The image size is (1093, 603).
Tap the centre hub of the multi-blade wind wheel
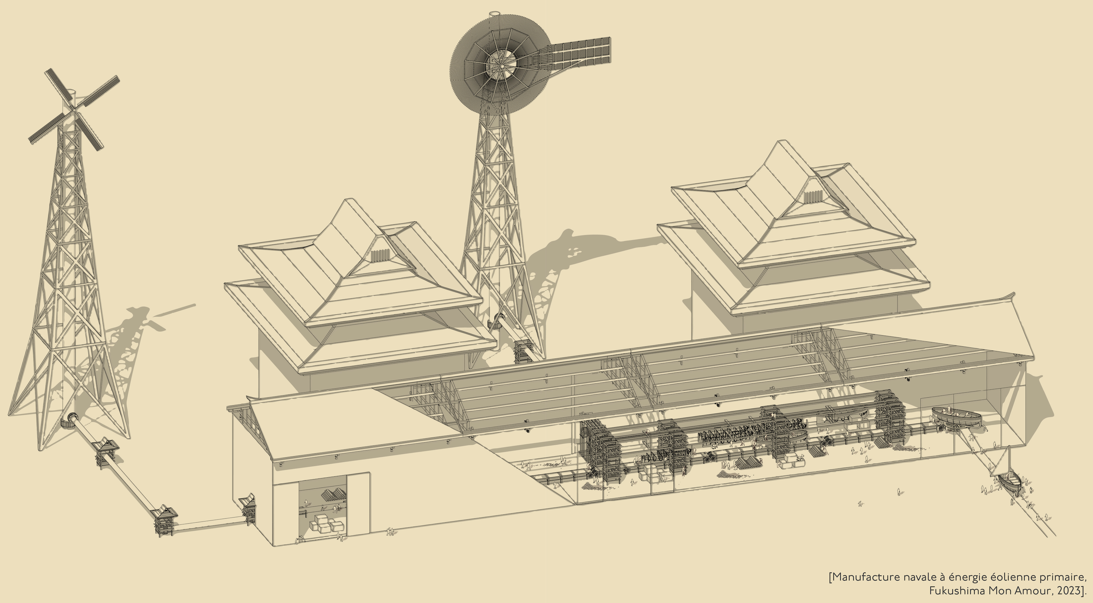pos(502,66)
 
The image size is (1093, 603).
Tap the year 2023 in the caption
pos(1068,591)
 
